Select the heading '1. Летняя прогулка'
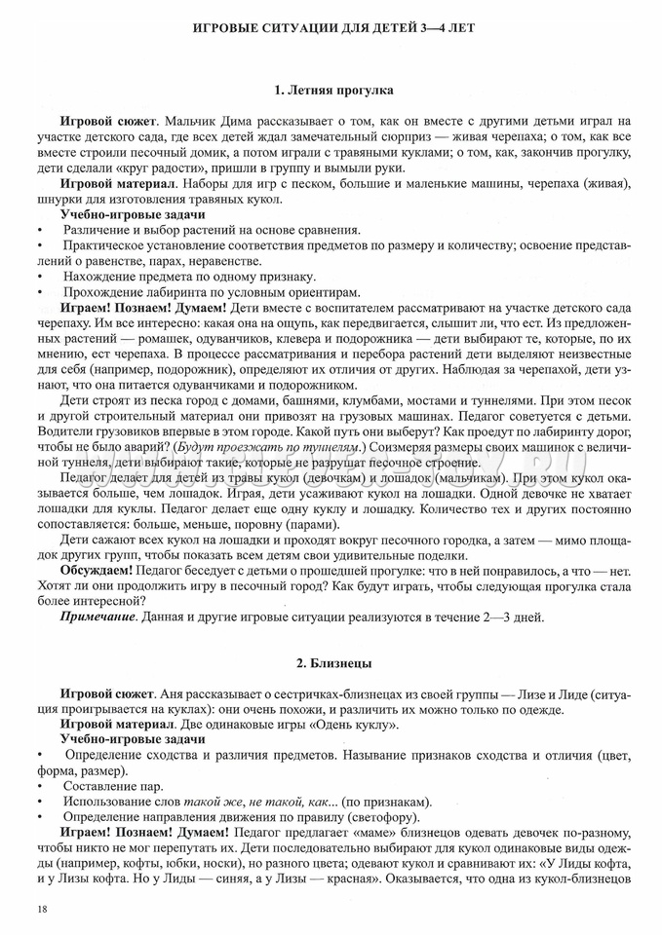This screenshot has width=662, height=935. point(333,91)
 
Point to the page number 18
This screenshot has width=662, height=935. point(40,908)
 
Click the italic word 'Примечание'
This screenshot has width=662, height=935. point(97,617)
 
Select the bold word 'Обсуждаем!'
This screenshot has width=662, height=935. point(95,568)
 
